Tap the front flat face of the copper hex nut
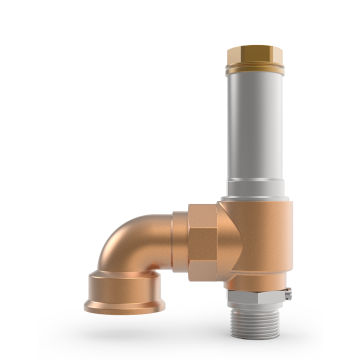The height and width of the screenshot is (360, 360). pos(201,242)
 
